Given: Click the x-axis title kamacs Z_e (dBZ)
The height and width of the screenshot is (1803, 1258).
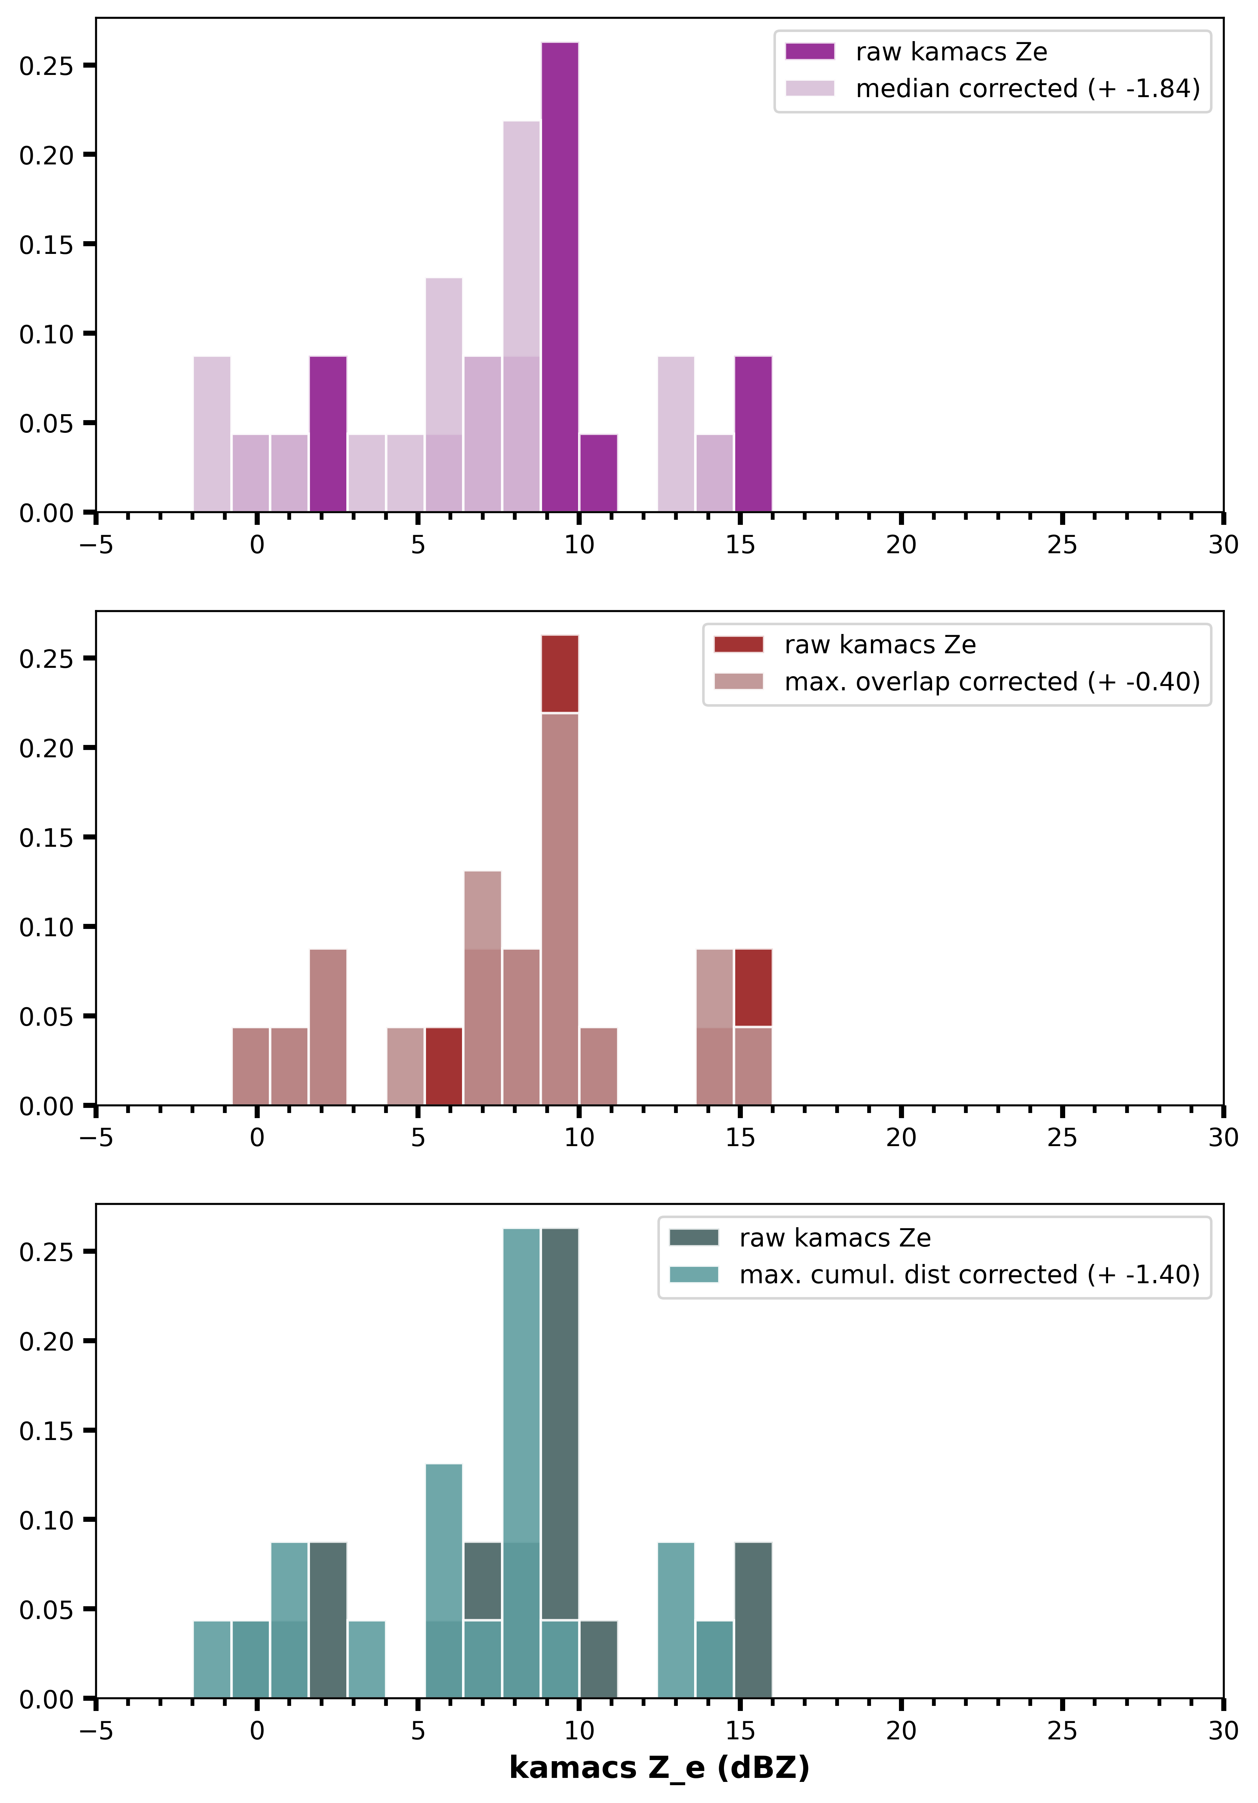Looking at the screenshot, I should click(659, 1768).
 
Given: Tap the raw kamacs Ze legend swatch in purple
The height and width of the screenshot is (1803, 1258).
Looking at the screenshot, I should click(809, 52).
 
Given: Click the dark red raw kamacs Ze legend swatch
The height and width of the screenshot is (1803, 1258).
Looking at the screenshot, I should click(738, 645).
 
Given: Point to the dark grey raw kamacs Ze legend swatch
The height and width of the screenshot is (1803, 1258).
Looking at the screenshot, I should click(693, 1238).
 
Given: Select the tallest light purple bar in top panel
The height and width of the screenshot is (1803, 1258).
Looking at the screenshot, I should click(521, 236).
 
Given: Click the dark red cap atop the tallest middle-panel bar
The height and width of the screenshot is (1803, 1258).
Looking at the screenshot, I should click(560, 674).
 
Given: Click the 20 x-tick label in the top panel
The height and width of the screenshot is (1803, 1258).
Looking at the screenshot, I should click(901, 545).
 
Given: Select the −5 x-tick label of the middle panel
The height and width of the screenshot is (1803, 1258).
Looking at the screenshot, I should click(96, 1138).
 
